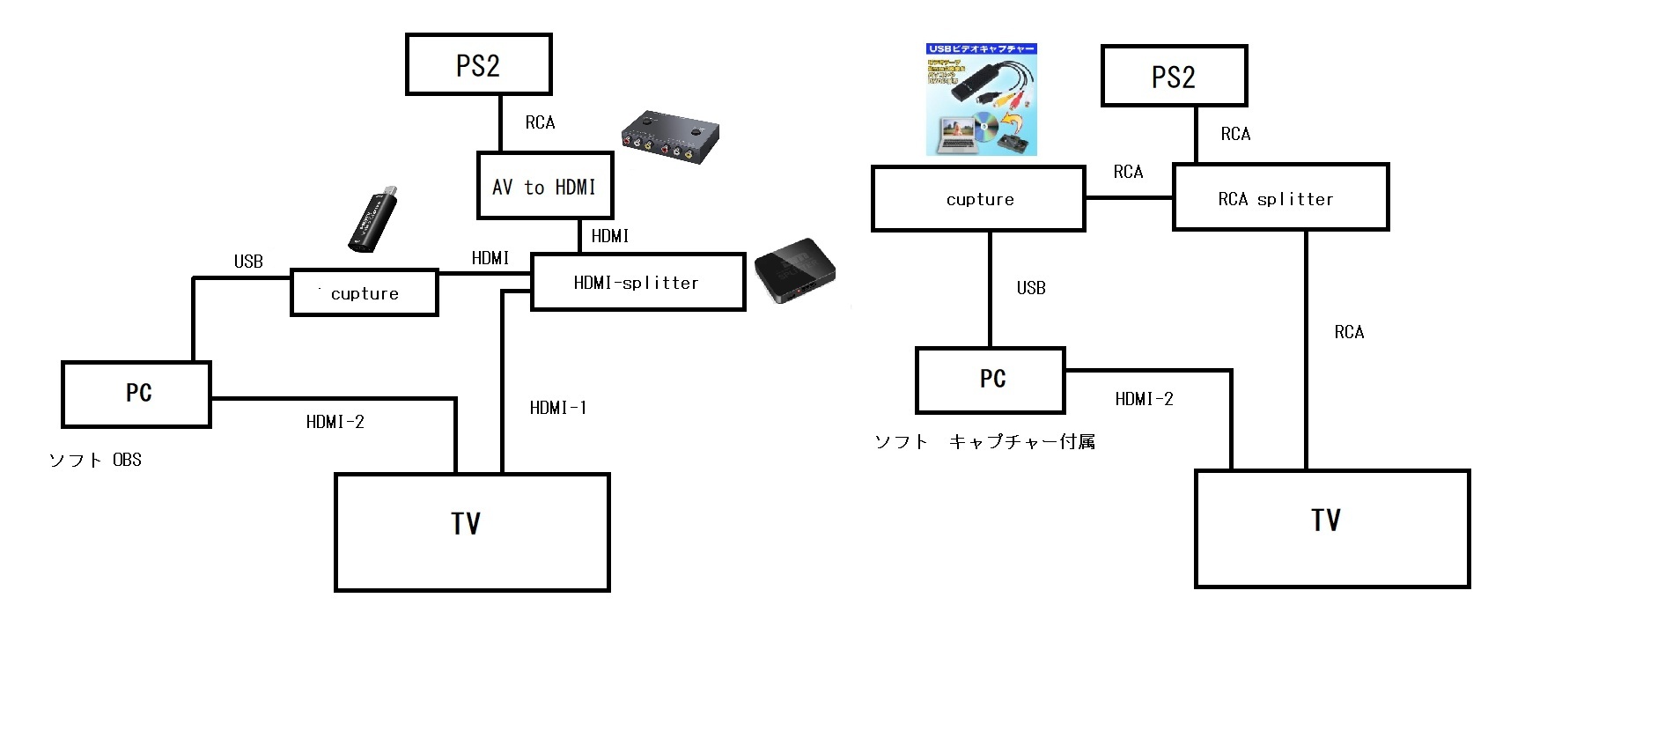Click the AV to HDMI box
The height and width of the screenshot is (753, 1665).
(x=544, y=186)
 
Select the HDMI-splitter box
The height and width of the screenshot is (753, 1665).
(x=637, y=282)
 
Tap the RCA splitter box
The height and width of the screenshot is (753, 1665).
(x=1280, y=198)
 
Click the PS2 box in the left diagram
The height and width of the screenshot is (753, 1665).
(x=478, y=64)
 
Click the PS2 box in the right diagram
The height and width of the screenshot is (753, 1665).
(x=1174, y=76)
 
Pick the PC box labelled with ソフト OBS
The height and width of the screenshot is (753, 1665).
(x=136, y=394)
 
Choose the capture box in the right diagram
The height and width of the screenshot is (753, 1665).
(x=978, y=199)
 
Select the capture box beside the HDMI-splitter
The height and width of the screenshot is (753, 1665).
(x=364, y=292)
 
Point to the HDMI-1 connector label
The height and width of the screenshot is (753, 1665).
(x=558, y=408)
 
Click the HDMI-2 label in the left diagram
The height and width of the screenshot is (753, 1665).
(x=335, y=422)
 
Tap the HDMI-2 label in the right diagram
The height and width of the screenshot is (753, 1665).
(x=1144, y=399)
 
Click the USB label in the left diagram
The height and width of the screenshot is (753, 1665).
(x=248, y=262)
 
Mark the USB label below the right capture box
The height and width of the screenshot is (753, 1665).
(x=1031, y=288)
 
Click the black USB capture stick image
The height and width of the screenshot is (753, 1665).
(x=372, y=220)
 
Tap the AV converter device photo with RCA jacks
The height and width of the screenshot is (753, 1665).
(x=670, y=137)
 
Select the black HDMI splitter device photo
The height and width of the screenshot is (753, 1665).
(x=794, y=269)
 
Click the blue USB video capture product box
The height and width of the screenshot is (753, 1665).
(x=981, y=100)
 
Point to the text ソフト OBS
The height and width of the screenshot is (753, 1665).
(x=95, y=460)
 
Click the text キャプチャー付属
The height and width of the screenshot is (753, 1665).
(x=1021, y=442)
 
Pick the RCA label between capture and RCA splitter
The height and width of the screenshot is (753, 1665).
(x=1128, y=172)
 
